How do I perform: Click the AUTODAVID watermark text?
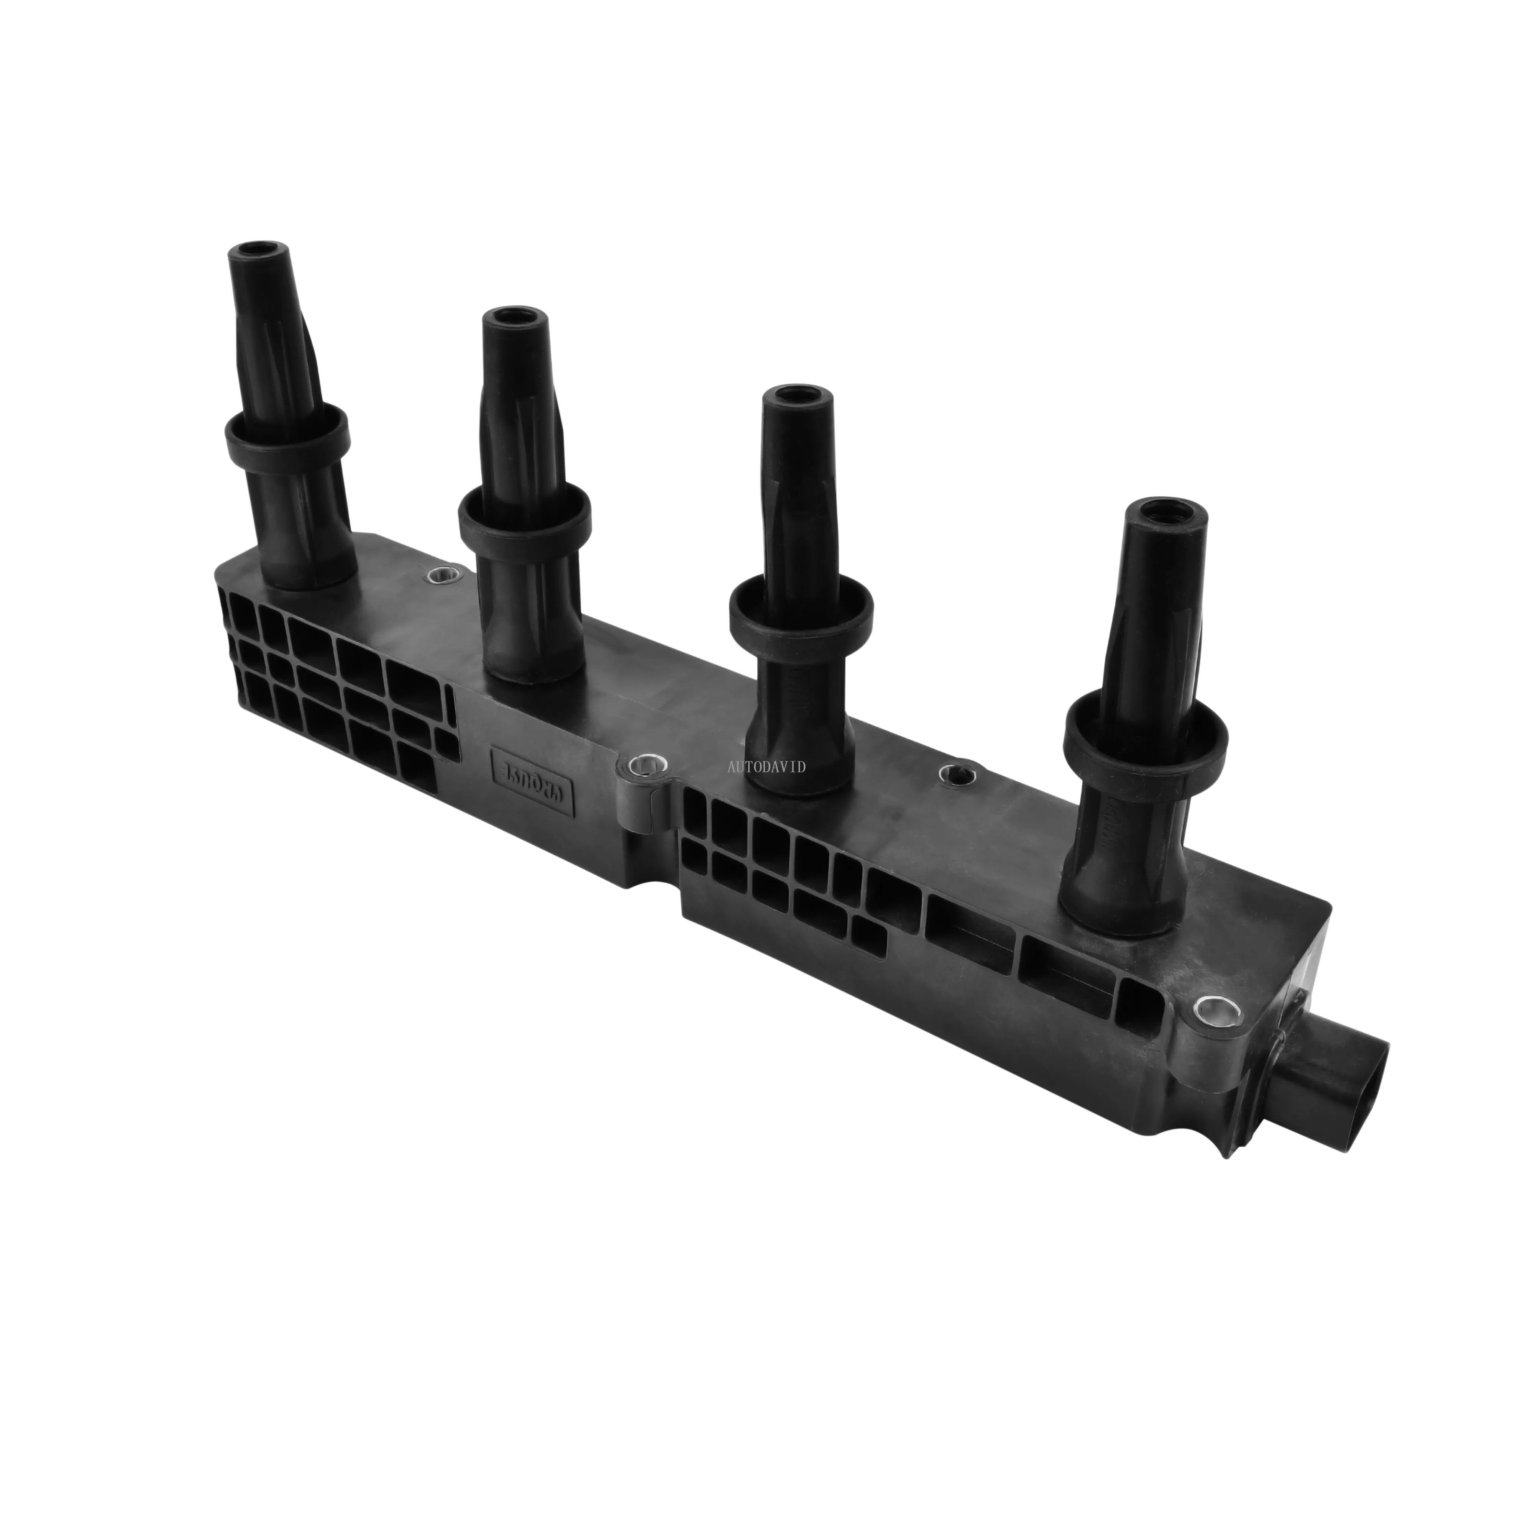pyautogui.click(x=766, y=766)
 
